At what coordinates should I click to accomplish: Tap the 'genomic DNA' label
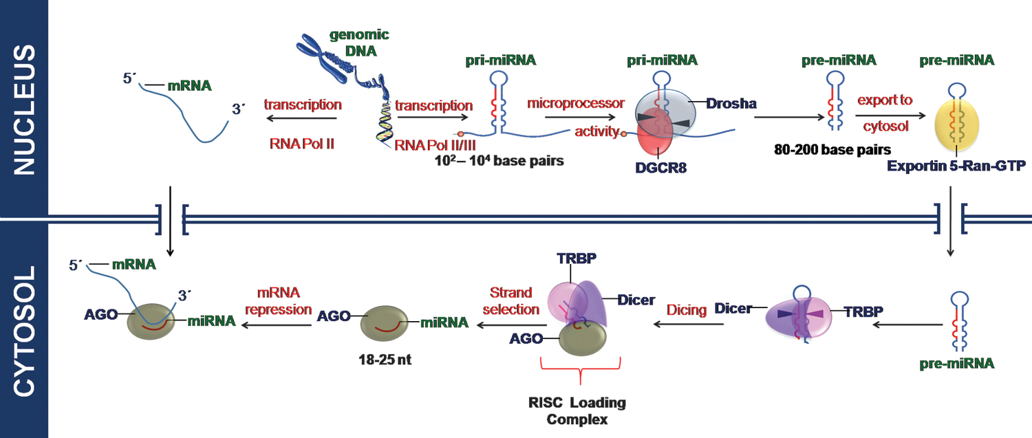pyautogui.click(x=359, y=43)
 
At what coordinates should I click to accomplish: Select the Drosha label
pyautogui.click(x=731, y=103)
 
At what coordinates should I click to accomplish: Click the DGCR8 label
pyautogui.click(x=660, y=168)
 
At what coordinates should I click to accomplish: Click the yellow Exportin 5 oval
pyautogui.click(x=956, y=124)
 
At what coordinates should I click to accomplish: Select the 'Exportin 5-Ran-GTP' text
pyautogui.click(x=956, y=166)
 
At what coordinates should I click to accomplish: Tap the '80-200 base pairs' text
pyautogui.click(x=832, y=150)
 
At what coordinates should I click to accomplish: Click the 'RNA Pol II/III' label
pyautogui.click(x=435, y=146)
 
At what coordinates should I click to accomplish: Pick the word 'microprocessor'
pyautogui.click(x=576, y=102)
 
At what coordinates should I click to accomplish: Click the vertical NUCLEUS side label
pyautogui.click(x=24, y=109)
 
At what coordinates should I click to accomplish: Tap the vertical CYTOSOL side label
pyautogui.click(x=24, y=331)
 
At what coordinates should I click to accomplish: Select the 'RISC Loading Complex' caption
pyautogui.click(x=577, y=410)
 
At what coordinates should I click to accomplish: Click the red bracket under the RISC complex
pyautogui.click(x=580, y=370)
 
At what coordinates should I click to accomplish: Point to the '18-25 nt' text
pyautogui.click(x=385, y=359)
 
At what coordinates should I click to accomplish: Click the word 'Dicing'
pyautogui.click(x=687, y=309)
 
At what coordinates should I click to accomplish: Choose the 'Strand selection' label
pyautogui.click(x=511, y=300)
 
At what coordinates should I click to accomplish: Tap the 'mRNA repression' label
pyautogui.click(x=278, y=300)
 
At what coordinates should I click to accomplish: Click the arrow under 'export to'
pyautogui.click(x=890, y=116)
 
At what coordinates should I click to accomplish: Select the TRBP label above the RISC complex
pyautogui.click(x=577, y=259)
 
